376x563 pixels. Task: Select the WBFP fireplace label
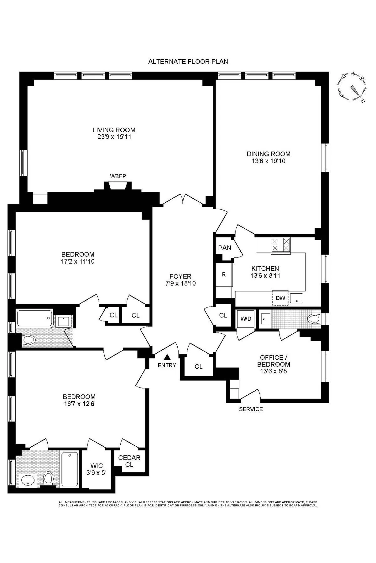pyautogui.click(x=118, y=176)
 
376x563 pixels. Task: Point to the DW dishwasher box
pyautogui.click(x=280, y=298)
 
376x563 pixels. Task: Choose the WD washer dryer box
pyautogui.click(x=246, y=319)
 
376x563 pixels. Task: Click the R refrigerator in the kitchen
pyautogui.click(x=224, y=275)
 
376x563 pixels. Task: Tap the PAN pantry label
pyautogui.click(x=225, y=248)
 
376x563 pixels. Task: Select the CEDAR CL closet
pyautogui.click(x=129, y=461)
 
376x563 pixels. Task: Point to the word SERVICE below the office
pyautogui.click(x=251, y=409)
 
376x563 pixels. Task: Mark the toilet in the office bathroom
pyautogui.click(x=314, y=319)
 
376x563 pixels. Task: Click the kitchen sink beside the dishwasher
pyautogui.click(x=296, y=298)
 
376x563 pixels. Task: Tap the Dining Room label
pyautogui.click(x=269, y=154)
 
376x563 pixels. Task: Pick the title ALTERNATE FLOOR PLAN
pyautogui.click(x=188, y=62)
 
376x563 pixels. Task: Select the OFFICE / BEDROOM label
pyautogui.click(x=274, y=361)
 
